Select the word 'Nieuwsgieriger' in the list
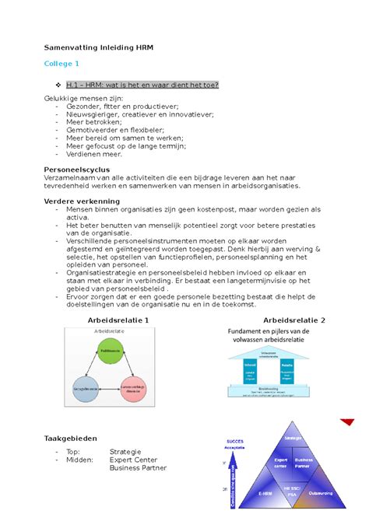(x=96, y=117)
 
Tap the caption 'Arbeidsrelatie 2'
(x=293, y=320)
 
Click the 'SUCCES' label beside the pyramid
(x=234, y=440)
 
